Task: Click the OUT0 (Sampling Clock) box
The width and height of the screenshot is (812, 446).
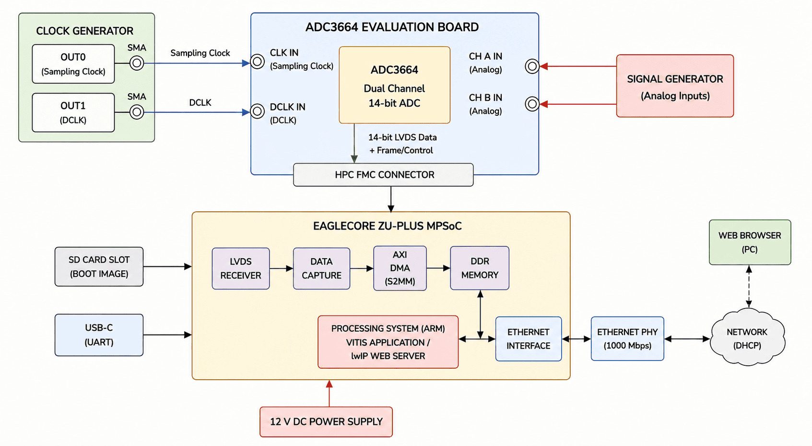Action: pos(73,64)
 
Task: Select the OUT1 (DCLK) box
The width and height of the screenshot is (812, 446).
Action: pos(73,112)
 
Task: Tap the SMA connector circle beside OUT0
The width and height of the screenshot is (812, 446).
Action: pos(137,63)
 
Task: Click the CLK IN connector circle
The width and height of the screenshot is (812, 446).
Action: pos(258,61)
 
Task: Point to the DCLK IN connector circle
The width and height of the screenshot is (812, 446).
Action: pos(258,111)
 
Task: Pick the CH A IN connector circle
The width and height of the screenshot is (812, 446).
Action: pos(532,66)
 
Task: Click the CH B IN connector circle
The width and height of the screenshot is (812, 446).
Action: pos(532,104)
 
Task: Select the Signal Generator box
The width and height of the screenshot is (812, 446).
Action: pos(675,86)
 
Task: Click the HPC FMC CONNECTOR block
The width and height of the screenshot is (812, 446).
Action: pos(383,175)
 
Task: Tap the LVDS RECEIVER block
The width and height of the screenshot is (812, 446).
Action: pos(241,268)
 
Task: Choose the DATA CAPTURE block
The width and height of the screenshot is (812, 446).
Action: pos(321,268)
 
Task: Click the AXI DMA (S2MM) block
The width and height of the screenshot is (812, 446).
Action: pos(400,268)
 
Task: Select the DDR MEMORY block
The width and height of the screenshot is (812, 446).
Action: pos(480,268)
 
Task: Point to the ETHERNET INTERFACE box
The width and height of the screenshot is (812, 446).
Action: pos(529,339)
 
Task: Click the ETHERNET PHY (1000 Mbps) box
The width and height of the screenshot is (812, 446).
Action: pos(627,338)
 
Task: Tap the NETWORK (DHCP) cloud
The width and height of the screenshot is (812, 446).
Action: pos(747,338)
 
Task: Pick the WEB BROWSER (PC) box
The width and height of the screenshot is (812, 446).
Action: pos(750,242)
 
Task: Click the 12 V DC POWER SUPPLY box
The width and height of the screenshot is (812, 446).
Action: pos(326,422)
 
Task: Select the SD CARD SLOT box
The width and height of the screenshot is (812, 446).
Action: pos(99,267)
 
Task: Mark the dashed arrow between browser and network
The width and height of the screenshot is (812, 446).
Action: pos(749,287)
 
